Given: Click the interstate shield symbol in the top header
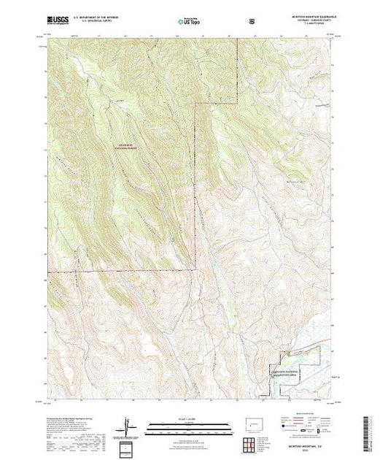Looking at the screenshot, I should point(252,22).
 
